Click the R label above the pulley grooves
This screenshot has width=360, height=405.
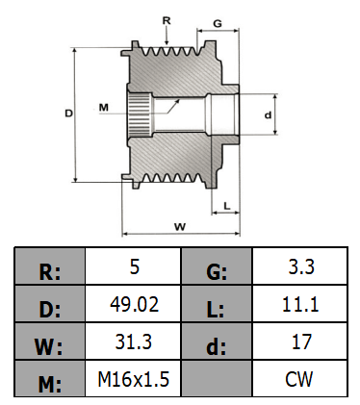click(167, 19)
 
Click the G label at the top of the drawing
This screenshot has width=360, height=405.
click(219, 22)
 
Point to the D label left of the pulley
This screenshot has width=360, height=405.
click(68, 113)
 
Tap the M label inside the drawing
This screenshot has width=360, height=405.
click(103, 107)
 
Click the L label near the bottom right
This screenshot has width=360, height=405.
click(225, 205)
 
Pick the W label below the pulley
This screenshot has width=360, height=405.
click(179, 226)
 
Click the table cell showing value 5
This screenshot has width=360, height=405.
click(134, 266)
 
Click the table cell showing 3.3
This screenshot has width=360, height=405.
click(300, 266)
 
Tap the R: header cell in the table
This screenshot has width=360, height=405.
click(50, 266)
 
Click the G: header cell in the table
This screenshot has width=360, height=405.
click(218, 266)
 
